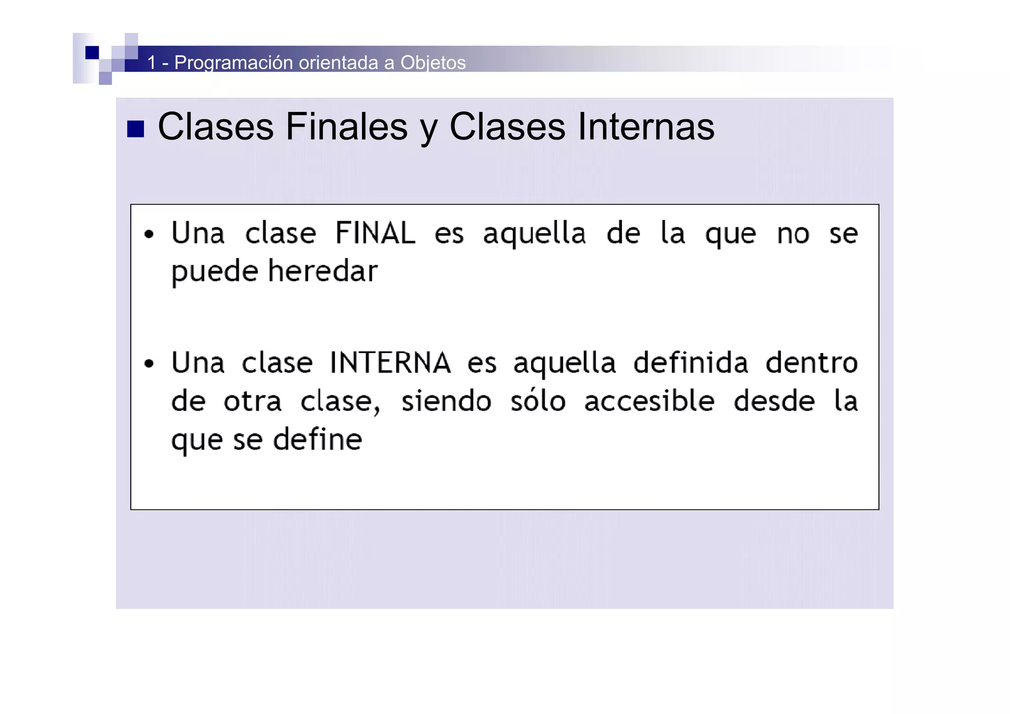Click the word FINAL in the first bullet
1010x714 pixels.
coord(375,233)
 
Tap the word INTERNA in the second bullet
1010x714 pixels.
coord(390,363)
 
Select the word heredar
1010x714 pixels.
coord(323,271)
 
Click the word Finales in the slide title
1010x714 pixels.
coord(347,127)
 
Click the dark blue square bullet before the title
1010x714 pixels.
coord(136,129)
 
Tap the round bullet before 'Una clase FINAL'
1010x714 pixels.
coord(149,234)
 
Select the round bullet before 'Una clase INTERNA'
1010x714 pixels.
coord(149,364)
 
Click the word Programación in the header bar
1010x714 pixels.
coord(234,63)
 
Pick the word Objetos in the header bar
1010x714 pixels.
coord(433,63)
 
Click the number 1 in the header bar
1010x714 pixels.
coord(152,63)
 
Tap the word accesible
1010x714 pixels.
coord(649,401)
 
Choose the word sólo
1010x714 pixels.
coord(538,401)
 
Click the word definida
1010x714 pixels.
coord(690,363)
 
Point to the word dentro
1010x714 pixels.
coord(811,363)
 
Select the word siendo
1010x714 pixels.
coord(446,401)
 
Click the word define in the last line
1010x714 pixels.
coord(318,439)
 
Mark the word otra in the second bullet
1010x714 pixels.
coord(252,401)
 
